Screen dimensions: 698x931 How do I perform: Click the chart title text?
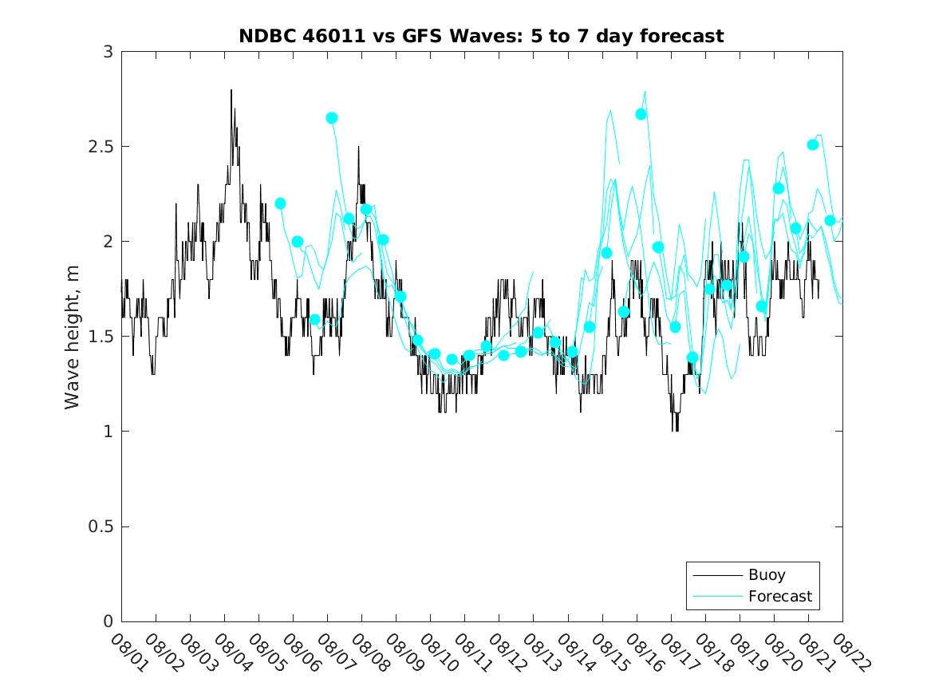(481, 37)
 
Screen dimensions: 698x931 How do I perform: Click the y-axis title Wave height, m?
(73, 337)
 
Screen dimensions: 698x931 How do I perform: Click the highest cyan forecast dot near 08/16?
(641, 114)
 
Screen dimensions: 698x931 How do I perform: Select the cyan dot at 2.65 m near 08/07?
(332, 118)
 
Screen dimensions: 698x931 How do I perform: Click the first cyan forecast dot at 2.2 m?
(280, 203)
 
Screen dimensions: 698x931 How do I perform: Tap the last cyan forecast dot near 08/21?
(830, 220)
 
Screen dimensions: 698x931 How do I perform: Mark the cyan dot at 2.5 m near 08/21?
(813, 144)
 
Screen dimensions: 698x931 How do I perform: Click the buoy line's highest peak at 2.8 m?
(231, 90)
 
